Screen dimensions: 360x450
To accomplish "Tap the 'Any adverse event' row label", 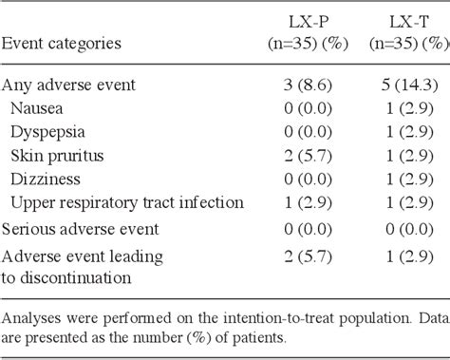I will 67,85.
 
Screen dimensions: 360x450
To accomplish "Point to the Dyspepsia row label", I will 47,132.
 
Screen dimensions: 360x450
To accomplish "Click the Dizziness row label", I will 46,179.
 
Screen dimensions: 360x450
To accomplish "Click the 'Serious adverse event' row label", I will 79,229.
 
